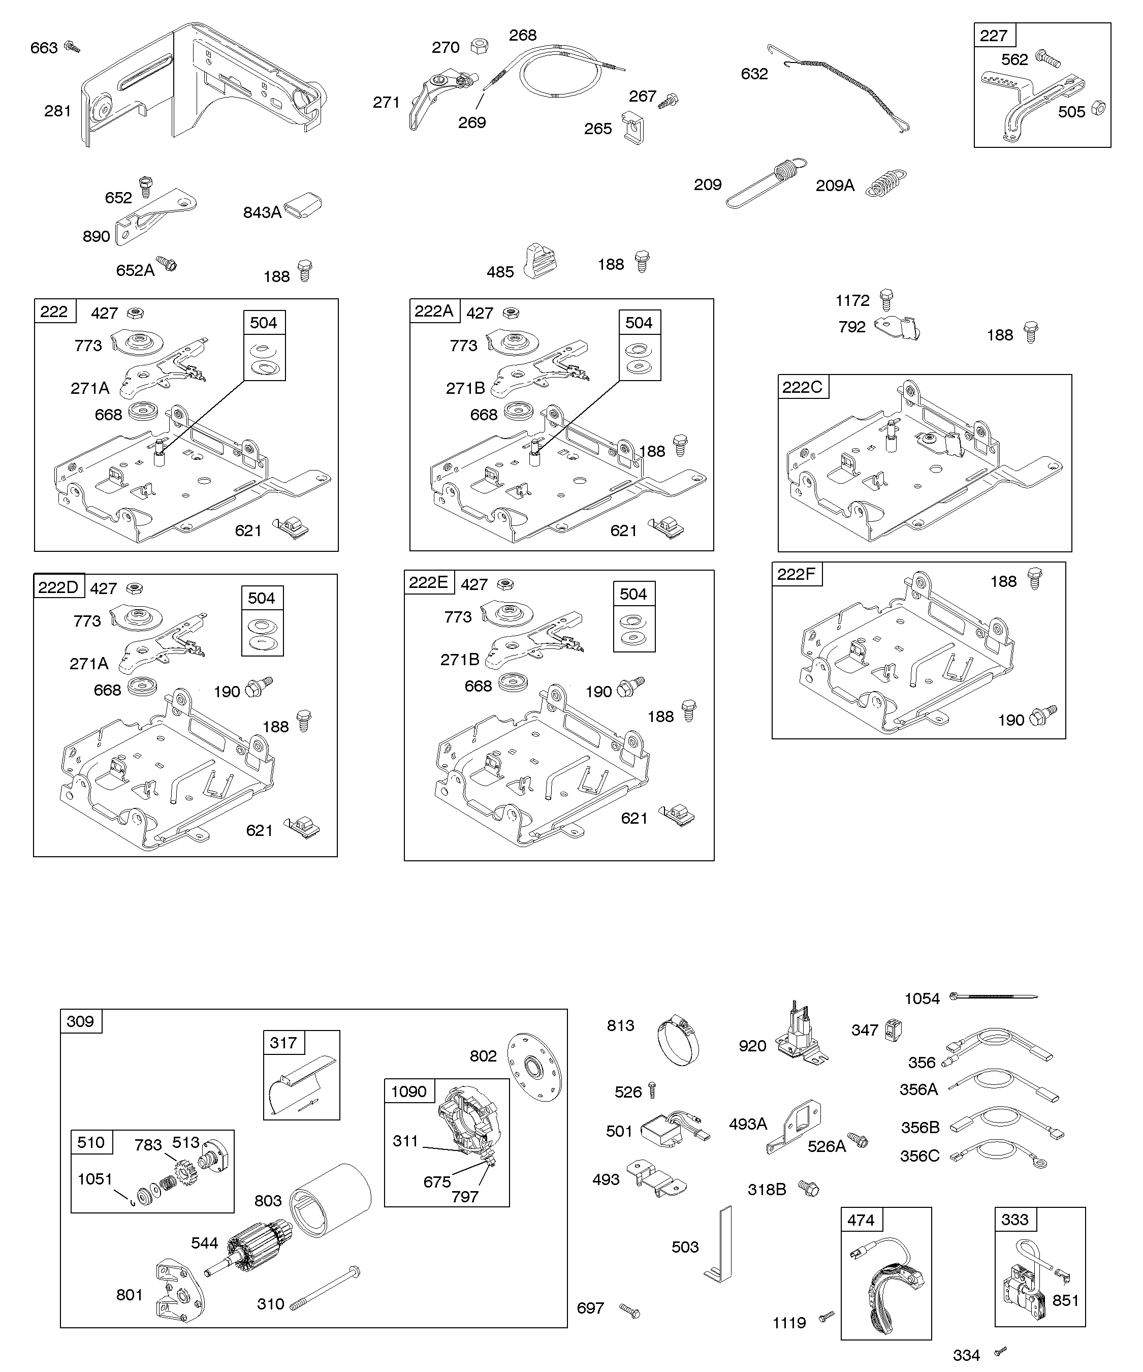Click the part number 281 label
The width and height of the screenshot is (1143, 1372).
pos(57,111)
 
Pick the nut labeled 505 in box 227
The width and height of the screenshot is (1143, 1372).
pos(1099,108)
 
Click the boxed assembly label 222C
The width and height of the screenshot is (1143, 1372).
pos(802,387)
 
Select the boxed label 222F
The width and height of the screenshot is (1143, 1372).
pos(796,574)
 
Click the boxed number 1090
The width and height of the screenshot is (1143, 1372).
pos(408,1091)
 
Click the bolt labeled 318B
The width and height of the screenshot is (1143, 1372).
pos(810,1189)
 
